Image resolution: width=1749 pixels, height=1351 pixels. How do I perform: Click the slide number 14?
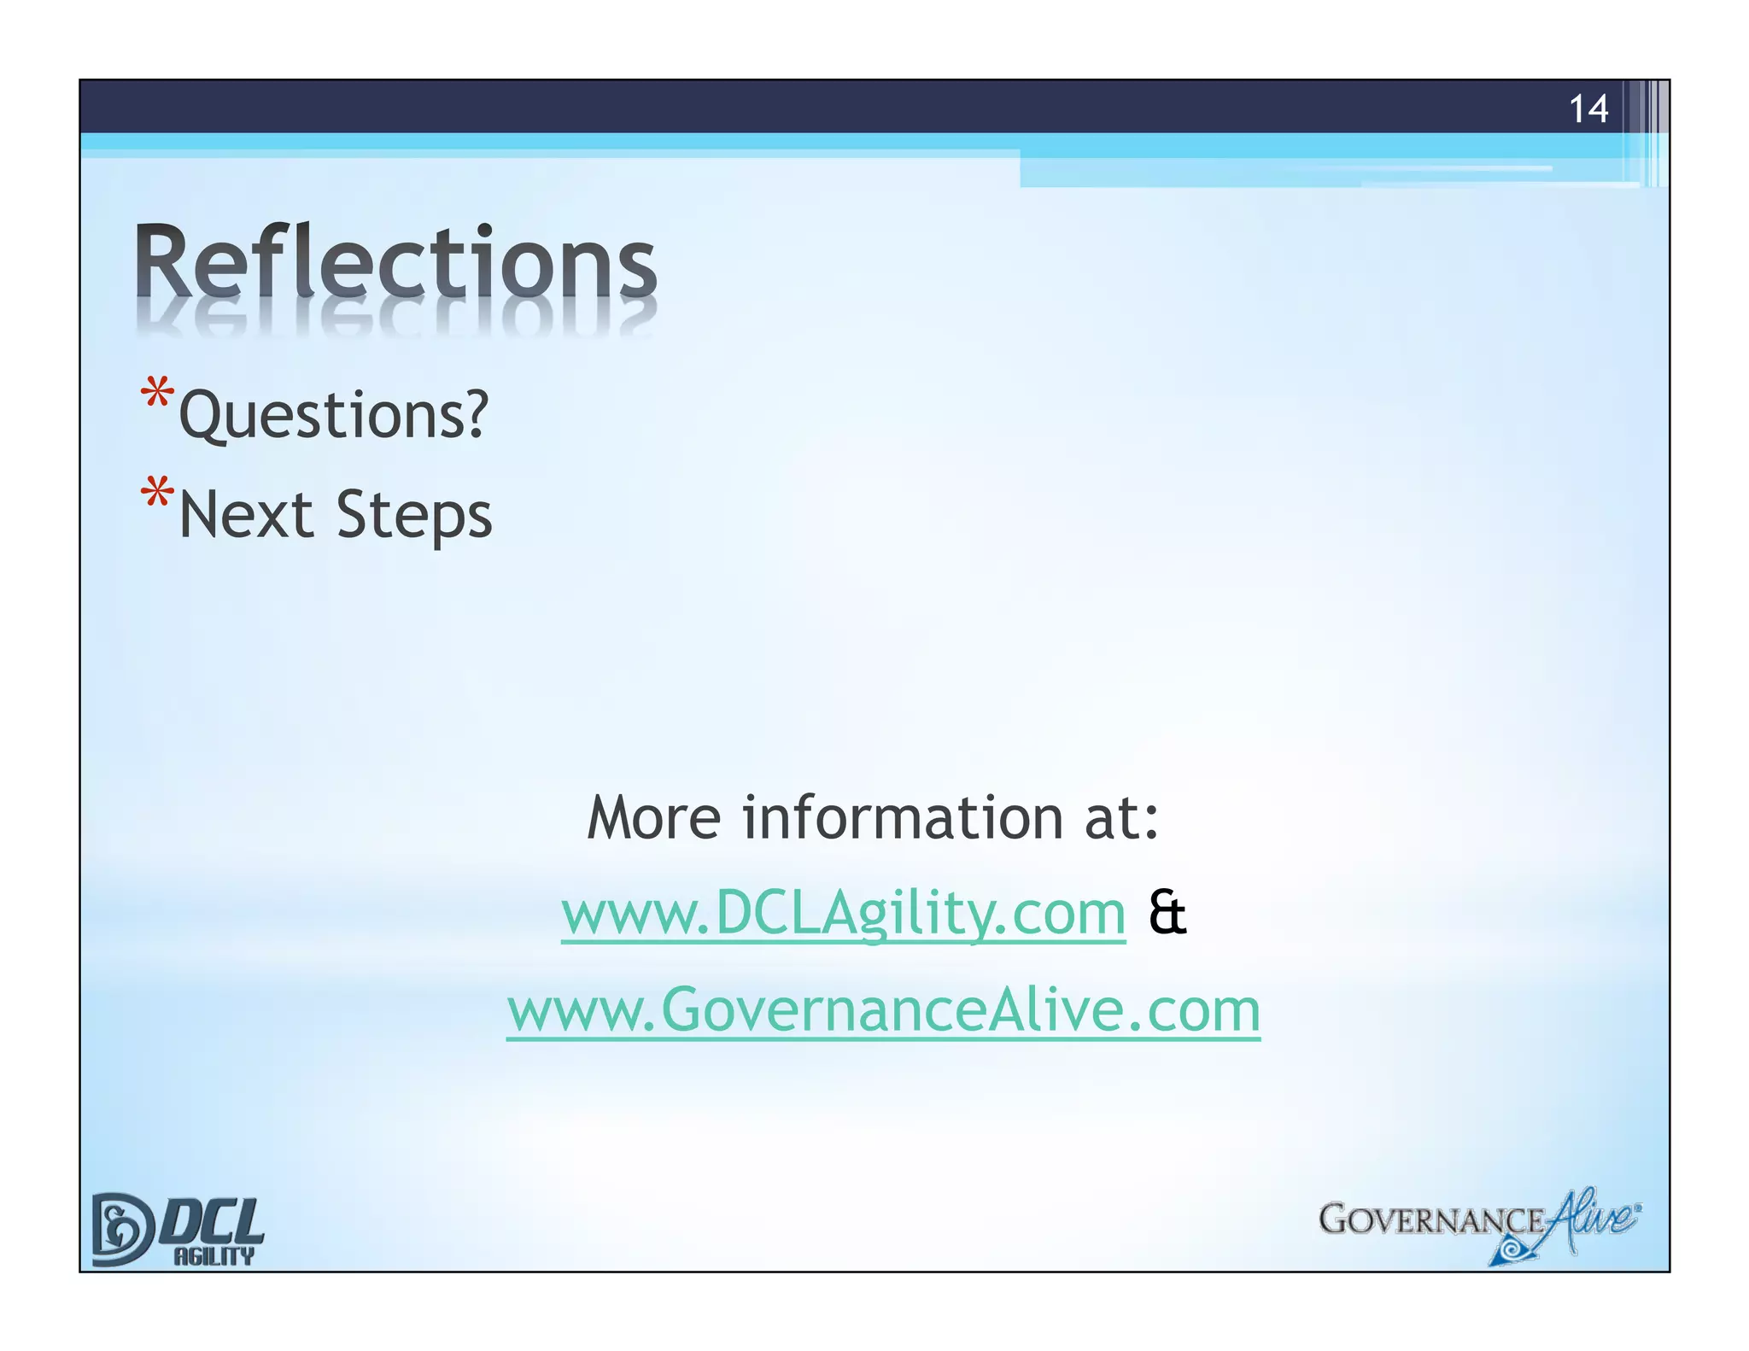(x=1588, y=109)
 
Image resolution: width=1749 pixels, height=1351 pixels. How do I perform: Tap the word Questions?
(x=334, y=415)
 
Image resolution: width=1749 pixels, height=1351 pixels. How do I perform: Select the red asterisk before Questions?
(x=157, y=395)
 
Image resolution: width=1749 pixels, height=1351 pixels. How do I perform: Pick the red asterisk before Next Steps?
(x=157, y=494)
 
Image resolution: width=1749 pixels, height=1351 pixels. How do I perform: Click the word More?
(x=654, y=818)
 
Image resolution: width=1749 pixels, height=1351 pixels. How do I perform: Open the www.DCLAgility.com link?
(x=843, y=914)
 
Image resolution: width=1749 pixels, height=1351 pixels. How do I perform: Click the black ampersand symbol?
(x=1167, y=913)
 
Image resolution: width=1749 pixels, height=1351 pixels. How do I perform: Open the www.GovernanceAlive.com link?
(x=883, y=1010)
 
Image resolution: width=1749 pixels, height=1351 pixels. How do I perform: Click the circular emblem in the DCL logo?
(x=120, y=1229)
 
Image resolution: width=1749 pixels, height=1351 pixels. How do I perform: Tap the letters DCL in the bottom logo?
(x=213, y=1220)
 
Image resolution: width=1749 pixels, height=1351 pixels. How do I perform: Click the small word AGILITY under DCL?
(x=214, y=1255)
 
